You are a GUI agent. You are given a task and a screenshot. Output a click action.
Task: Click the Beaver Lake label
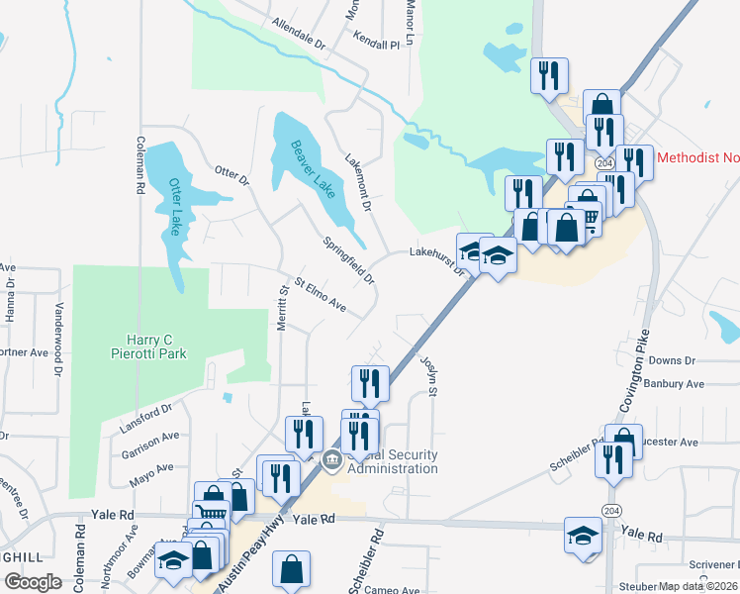point(313,169)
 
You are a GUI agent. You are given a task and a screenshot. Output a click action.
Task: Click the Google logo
point(33,582)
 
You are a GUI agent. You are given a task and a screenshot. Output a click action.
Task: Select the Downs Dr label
point(673,361)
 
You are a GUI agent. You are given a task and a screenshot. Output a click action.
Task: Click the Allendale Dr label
point(298,34)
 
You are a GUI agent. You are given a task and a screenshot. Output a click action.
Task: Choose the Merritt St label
point(282,310)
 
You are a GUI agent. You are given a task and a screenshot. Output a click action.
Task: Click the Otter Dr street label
point(231,174)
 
